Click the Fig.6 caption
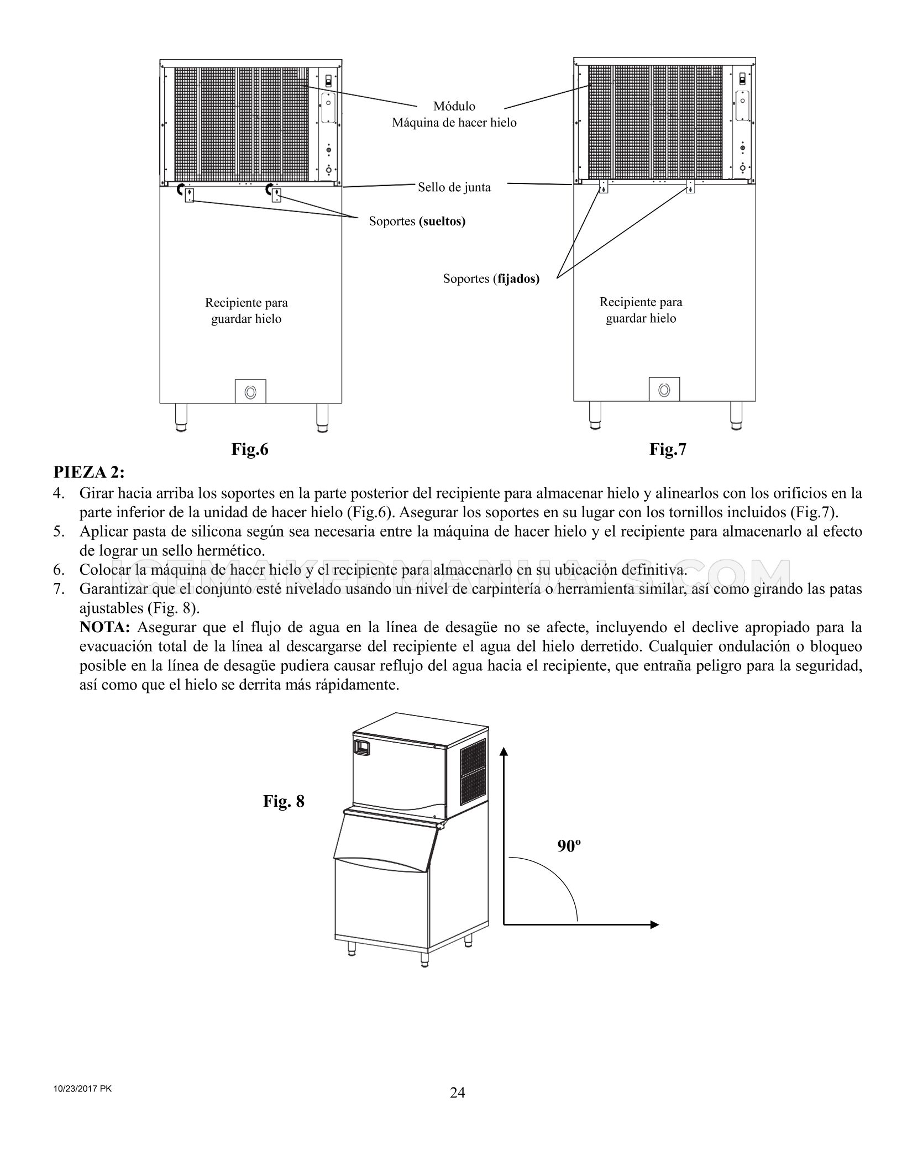[250, 450]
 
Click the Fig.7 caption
[668, 450]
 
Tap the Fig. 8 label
[284, 801]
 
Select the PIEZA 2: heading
[89, 473]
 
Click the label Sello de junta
[454, 187]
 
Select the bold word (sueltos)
[442, 222]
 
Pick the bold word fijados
[518, 279]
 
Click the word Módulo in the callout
[454, 106]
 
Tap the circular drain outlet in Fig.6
[250, 392]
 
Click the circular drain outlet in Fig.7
[664, 390]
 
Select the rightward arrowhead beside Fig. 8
[654, 924]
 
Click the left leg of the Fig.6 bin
[181, 418]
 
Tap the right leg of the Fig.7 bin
[736, 416]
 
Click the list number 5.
[59, 532]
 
